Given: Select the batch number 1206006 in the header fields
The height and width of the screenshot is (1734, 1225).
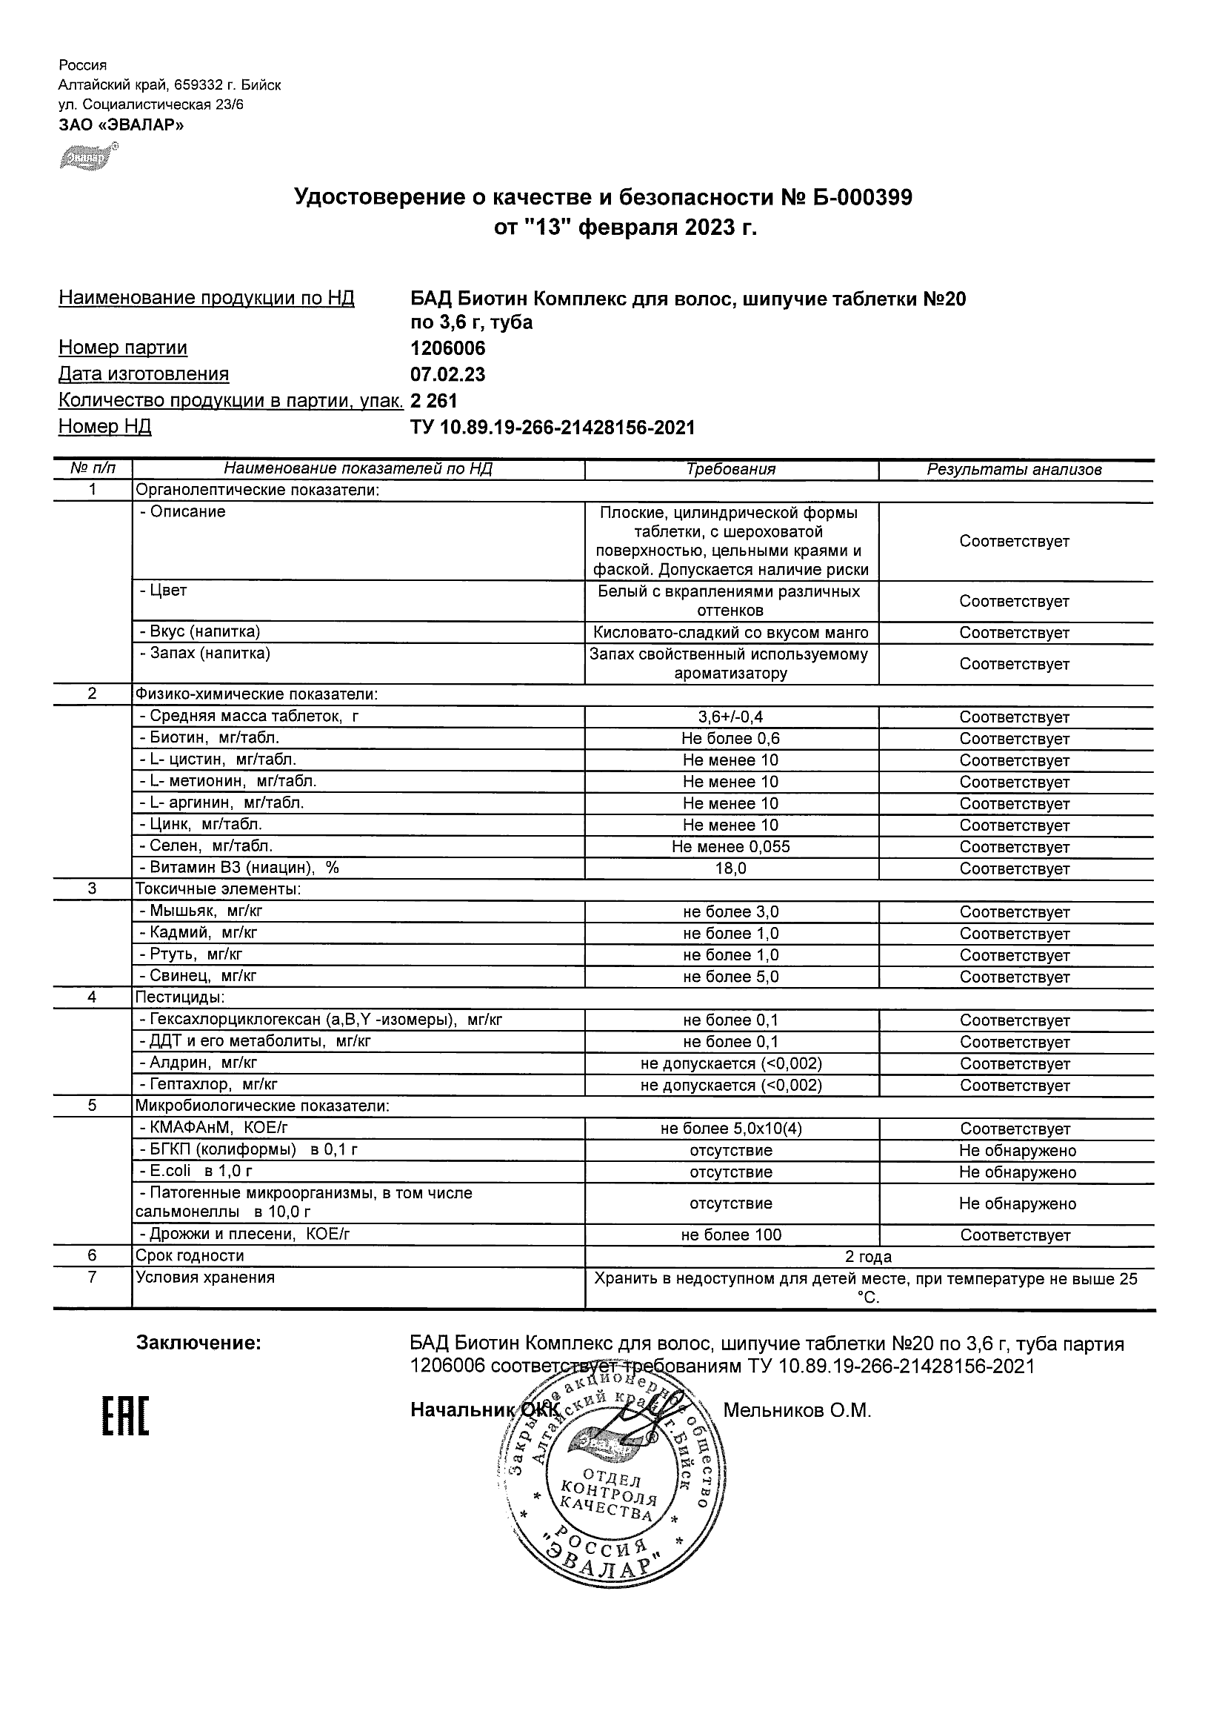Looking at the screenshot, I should click(x=447, y=349).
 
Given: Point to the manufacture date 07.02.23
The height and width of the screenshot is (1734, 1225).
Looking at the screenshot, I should click(x=447, y=375).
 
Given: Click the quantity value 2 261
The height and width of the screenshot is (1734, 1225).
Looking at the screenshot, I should click(x=434, y=400).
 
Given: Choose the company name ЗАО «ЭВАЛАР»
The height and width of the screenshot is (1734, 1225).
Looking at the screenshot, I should click(x=121, y=124).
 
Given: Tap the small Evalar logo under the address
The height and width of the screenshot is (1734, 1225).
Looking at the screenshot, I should click(x=87, y=158).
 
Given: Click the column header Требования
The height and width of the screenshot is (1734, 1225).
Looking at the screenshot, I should click(x=730, y=469).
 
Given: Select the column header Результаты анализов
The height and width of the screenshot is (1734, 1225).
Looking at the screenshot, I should click(x=1015, y=470).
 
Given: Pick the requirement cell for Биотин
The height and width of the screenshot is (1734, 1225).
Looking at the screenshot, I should click(x=730, y=739).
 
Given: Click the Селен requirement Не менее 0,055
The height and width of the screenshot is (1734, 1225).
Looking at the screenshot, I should click(x=730, y=846).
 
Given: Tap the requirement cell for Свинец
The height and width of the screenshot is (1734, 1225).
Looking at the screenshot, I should click(x=730, y=977).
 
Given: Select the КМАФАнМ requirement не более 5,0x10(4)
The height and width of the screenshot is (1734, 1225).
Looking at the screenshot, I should click(x=730, y=1129).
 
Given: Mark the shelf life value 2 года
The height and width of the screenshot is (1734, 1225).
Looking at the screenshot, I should click(x=868, y=1257).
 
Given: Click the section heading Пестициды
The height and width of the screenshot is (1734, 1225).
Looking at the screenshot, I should click(x=180, y=997).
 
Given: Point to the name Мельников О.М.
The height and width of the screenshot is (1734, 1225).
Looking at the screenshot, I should click(x=797, y=1410).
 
